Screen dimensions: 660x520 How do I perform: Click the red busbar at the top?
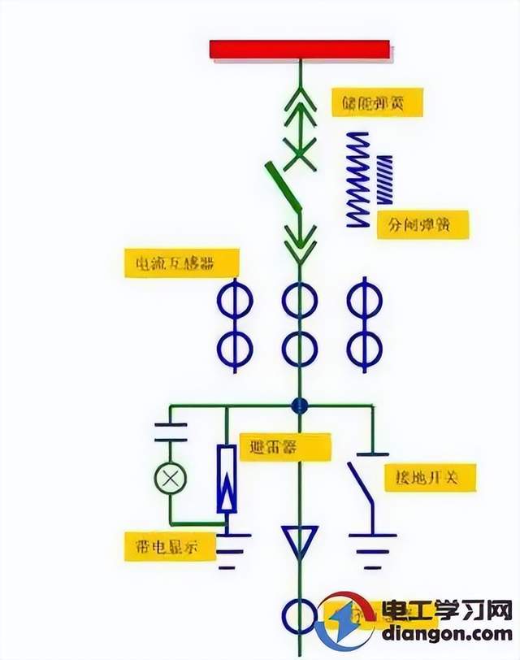click(301, 50)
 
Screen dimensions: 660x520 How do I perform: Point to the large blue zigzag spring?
click(357, 179)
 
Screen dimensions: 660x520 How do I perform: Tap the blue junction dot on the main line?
click(301, 404)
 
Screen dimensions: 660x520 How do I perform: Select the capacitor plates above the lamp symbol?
click(171, 432)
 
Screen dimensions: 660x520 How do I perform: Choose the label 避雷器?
click(284, 446)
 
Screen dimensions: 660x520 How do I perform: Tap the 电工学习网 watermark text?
click(461, 610)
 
